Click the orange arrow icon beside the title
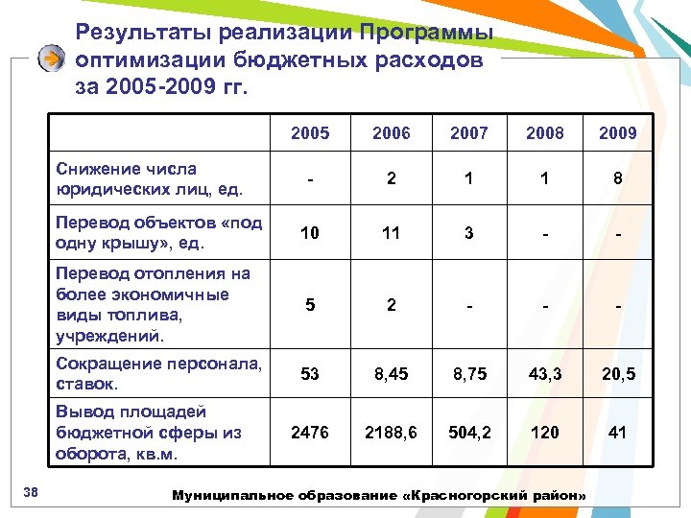point(52,59)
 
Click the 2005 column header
point(309,133)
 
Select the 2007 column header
point(468,133)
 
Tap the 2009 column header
point(617,133)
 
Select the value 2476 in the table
point(309,433)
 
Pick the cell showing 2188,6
point(391,433)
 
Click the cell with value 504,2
point(468,433)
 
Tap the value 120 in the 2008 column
point(544,433)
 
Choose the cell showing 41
point(617,433)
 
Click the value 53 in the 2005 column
point(309,374)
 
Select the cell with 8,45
point(391,374)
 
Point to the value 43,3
point(544,374)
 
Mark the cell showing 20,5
point(617,374)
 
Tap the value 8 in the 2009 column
point(617,179)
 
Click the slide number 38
point(30,493)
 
